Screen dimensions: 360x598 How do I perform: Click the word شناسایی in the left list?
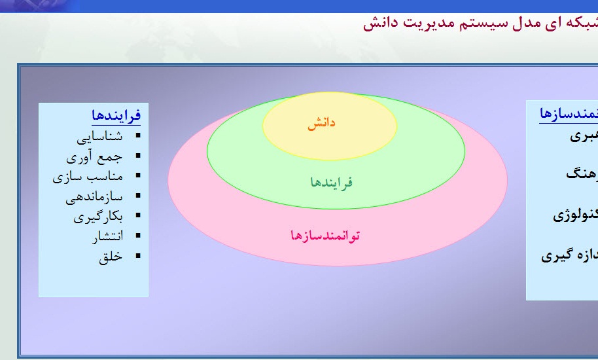tap(99, 137)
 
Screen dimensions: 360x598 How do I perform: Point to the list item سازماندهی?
tap(94, 197)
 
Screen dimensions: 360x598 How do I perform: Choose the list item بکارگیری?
tap(97, 217)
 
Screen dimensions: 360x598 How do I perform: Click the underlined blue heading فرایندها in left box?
tap(116, 116)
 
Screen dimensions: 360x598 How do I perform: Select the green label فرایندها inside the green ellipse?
tap(332, 182)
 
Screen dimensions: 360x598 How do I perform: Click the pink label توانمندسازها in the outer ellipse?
tap(325, 235)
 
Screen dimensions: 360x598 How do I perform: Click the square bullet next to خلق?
tap(137, 256)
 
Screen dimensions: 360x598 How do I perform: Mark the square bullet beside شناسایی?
tap(137, 136)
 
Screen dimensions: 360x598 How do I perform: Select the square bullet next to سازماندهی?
tap(137, 196)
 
